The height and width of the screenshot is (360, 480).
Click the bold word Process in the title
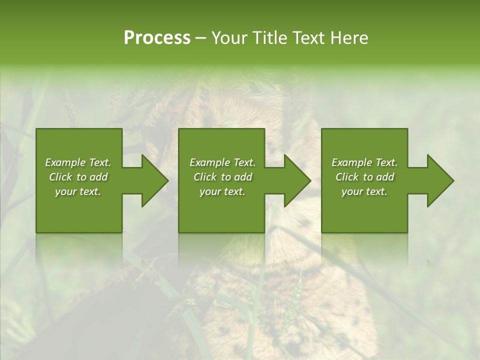click(x=157, y=38)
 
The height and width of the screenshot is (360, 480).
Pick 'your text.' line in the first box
click(x=78, y=191)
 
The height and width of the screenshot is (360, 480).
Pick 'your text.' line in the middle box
click(x=222, y=191)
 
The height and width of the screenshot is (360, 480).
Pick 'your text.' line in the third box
click(x=364, y=191)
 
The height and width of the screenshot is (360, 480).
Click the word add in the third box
click(x=385, y=177)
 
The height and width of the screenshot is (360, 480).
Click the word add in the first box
click(x=98, y=177)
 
